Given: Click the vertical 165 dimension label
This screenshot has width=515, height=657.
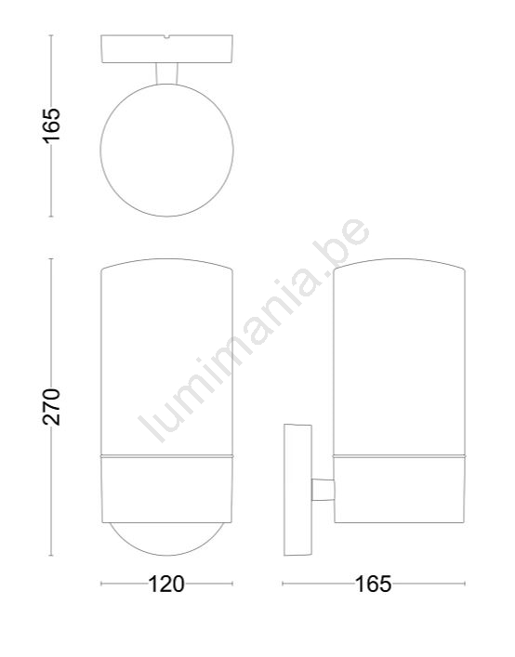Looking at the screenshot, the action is (x=51, y=125).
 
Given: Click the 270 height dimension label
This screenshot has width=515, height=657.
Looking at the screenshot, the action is (x=51, y=407).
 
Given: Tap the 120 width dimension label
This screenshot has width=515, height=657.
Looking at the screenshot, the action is (x=166, y=584).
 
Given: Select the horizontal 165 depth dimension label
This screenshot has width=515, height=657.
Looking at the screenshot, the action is (x=374, y=584).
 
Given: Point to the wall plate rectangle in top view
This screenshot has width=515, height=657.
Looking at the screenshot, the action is (x=166, y=49).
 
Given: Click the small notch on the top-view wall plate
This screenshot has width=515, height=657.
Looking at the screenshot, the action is (x=166, y=37).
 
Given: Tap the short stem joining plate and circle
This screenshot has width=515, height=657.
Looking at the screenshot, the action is (x=166, y=73).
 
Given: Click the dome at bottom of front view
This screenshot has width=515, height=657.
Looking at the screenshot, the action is (x=166, y=555).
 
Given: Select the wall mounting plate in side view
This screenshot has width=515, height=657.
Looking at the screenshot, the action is (x=297, y=490).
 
